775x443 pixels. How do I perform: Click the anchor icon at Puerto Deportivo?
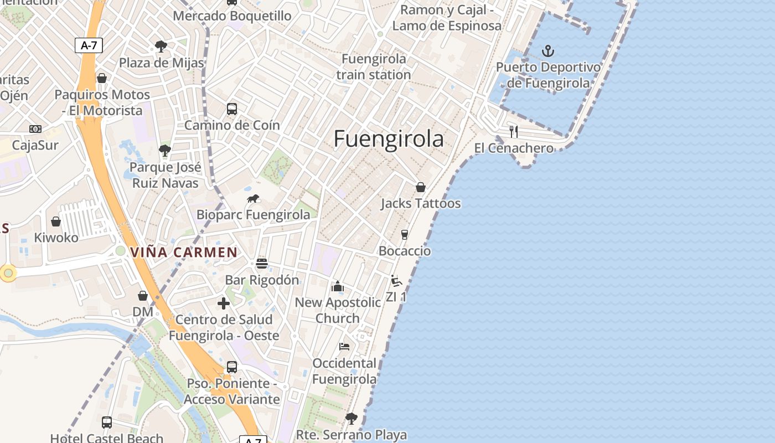coord(547,51)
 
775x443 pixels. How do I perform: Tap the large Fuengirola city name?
coord(389,139)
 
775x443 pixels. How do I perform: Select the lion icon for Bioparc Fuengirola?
coord(254,199)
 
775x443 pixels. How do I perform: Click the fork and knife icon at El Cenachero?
coord(514,132)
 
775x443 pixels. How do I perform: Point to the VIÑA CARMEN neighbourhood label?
coord(184,253)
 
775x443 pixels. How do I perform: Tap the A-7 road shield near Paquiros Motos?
coord(89,45)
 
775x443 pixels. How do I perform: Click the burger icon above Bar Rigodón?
coord(262,263)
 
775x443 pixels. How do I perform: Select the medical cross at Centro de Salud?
coord(224,303)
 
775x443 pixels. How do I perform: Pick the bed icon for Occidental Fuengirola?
coord(344,347)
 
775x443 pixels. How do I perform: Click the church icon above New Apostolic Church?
coord(337,286)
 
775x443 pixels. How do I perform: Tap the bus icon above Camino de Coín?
coord(232,109)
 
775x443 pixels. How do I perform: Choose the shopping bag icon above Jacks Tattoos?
coord(421,187)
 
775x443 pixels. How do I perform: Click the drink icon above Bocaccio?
coord(405,234)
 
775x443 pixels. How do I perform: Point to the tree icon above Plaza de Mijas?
coord(161,46)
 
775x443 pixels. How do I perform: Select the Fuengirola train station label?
coord(374,66)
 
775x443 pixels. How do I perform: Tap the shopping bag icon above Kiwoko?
coord(56,221)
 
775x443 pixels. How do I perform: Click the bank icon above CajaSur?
coord(35,129)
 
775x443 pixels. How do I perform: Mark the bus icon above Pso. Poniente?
coord(232,367)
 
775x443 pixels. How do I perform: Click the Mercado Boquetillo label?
coord(232,16)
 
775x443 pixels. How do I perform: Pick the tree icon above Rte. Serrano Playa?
coord(351,418)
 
